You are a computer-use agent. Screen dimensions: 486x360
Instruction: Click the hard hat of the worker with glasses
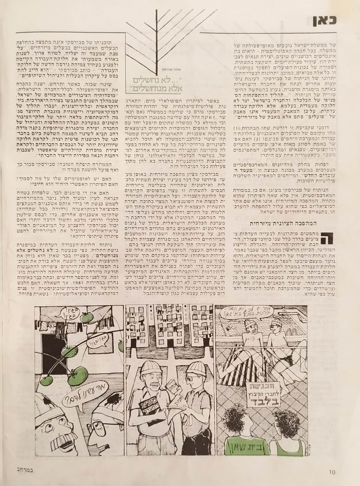tap(193, 369)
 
